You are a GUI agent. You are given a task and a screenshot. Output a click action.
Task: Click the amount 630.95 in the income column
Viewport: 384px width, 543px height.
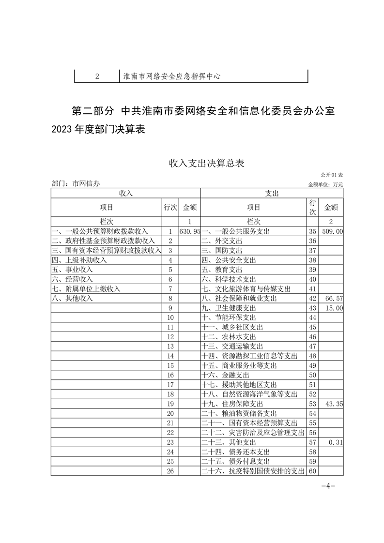[x=189, y=232]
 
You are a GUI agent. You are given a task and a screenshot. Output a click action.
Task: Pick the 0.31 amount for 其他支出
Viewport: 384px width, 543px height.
[x=336, y=442]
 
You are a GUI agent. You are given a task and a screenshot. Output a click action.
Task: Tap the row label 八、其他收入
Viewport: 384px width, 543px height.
[x=72, y=299]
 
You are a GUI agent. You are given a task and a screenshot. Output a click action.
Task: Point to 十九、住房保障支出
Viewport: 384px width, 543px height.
[x=232, y=404]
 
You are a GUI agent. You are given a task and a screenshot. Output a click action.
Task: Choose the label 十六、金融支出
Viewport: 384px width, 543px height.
[x=225, y=375]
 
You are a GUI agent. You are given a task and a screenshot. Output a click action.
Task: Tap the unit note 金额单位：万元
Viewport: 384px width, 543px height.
[x=325, y=184]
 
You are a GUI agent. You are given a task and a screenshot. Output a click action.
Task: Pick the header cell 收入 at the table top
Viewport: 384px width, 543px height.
[x=126, y=193]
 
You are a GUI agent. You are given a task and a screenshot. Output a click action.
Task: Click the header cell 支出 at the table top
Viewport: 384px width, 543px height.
[x=272, y=193]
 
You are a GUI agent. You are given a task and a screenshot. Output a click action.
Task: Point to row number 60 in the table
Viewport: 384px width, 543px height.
[x=312, y=470]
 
